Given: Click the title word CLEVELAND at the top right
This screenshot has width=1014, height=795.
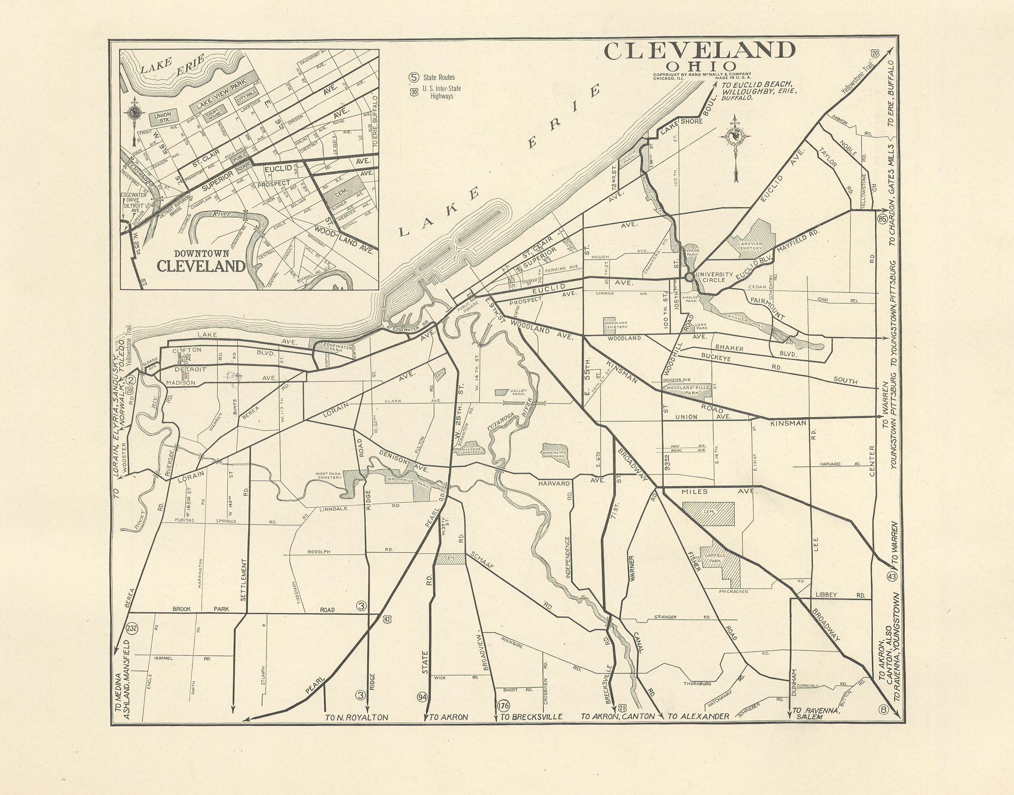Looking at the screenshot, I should pyautogui.click(x=699, y=51).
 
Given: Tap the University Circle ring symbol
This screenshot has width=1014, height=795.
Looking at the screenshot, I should pyautogui.click(x=689, y=276).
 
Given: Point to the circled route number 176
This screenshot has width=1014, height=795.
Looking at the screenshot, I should pyautogui.click(x=503, y=705).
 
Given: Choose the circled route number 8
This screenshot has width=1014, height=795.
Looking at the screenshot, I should pyautogui.click(x=883, y=709).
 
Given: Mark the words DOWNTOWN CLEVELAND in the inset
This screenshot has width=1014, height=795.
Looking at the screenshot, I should pyautogui.click(x=201, y=261).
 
